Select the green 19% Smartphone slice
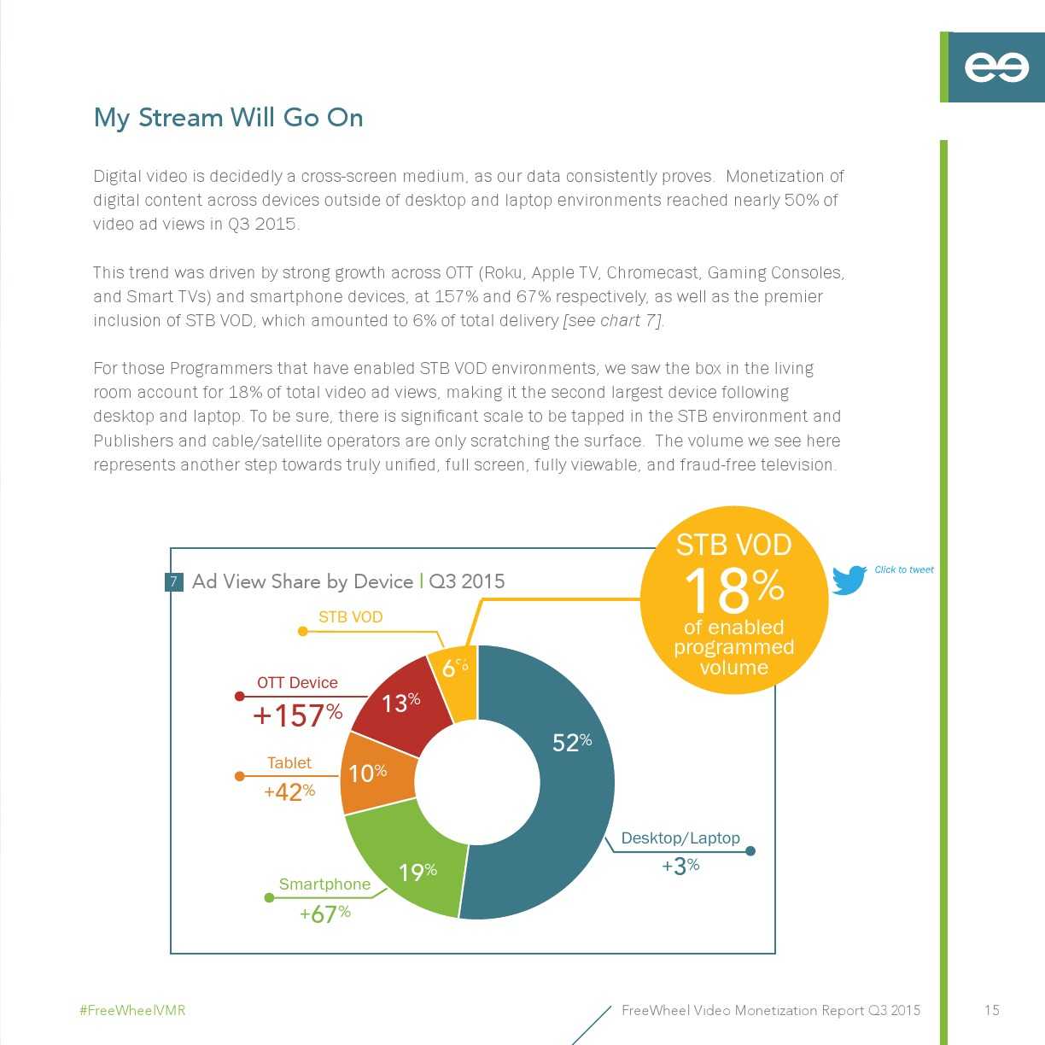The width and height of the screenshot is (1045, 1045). point(410,862)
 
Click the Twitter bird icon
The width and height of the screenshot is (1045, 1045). point(849,580)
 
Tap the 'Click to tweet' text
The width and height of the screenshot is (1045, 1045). point(904,569)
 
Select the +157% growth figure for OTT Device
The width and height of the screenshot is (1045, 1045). point(297,715)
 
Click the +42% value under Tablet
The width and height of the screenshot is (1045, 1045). point(289,791)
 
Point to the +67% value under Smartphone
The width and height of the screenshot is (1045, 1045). point(325,914)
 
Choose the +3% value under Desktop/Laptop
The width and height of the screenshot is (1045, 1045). point(680,866)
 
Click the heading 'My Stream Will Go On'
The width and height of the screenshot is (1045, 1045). point(228,118)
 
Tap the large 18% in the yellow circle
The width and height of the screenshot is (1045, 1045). point(733,589)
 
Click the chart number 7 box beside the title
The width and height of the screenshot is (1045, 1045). point(174,582)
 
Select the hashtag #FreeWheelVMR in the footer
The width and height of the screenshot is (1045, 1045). point(132,1010)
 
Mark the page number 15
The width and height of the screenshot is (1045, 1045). point(991,1010)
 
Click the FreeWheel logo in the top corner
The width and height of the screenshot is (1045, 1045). point(995,67)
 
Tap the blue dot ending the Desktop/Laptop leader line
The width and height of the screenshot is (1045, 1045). point(750,850)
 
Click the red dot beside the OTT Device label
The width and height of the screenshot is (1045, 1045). point(240,697)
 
